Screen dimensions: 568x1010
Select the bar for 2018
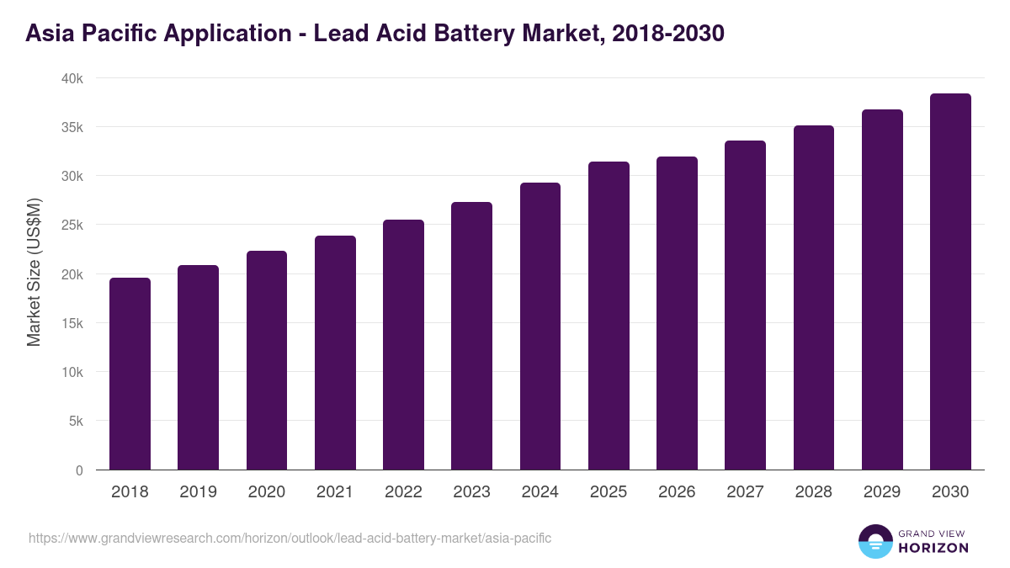tap(130, 374)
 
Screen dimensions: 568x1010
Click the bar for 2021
tap(335, 353)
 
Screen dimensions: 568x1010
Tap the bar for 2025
tap(609, 316)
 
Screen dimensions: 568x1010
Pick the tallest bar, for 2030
tap(950, 282)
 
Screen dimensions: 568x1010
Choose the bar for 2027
tap(745, 305)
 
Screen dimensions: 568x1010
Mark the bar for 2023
tap(471, 337)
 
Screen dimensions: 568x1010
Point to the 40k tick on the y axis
tap(72, 78)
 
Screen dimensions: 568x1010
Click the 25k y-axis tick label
tap(72, 226)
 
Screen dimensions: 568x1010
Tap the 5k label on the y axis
tap(76, 422)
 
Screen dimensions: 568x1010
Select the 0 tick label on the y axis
tap(79, 470)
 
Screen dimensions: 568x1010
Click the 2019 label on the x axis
tap(199, 492)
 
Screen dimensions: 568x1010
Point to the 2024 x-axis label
tap(540, 492)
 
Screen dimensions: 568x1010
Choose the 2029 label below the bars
tap(882, 492)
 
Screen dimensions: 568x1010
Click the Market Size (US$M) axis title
tap(34, 273)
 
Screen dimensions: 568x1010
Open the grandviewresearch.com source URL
tap(290, 538)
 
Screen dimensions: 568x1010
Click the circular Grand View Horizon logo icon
tap(874, 542)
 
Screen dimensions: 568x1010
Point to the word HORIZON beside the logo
tap(933, 548)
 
